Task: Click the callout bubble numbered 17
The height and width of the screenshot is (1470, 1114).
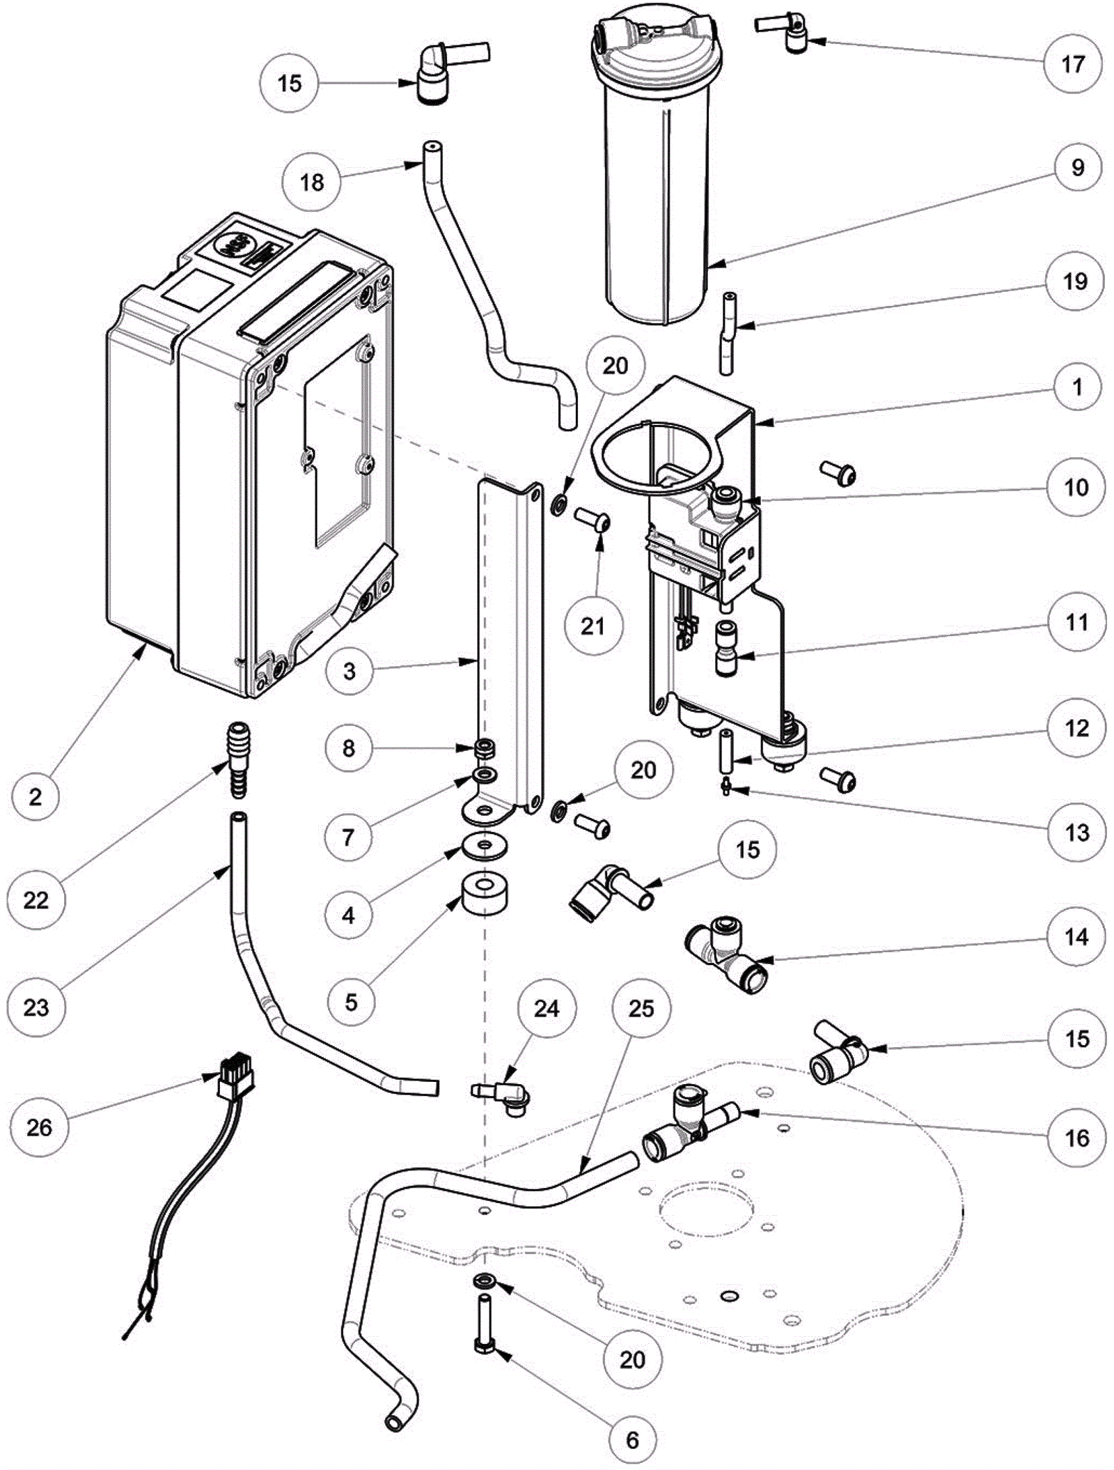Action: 1073,64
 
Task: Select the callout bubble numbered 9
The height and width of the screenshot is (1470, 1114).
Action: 1077,168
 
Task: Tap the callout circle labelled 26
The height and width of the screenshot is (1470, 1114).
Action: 39,1127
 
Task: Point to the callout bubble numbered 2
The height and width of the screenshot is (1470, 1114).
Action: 36,796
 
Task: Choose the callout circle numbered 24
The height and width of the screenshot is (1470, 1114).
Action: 547,1008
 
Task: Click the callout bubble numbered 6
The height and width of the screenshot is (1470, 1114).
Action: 632,1439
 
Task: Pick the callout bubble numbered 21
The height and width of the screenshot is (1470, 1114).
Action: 593,626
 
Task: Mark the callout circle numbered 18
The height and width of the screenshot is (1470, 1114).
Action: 311,183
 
